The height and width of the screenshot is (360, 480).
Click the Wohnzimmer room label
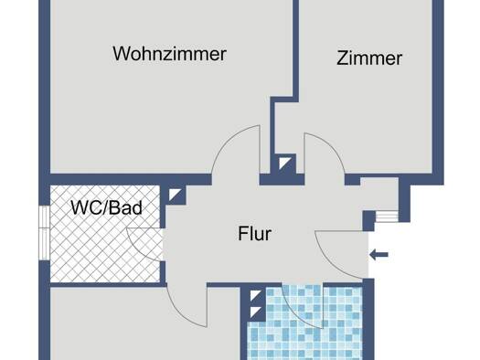pos(169,54)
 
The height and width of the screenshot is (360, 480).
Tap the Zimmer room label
pos(369,58)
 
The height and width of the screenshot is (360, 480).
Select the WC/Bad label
pos(107,207)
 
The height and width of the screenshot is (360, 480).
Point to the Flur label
pos(255,234)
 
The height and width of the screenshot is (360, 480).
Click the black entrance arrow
pos(379,254)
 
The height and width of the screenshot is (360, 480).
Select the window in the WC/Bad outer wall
pos(45,233)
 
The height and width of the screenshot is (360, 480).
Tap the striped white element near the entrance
pos(387,216)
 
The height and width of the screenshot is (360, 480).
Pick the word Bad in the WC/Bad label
pos(126,207)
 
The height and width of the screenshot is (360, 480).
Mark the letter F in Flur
pos(243,234)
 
